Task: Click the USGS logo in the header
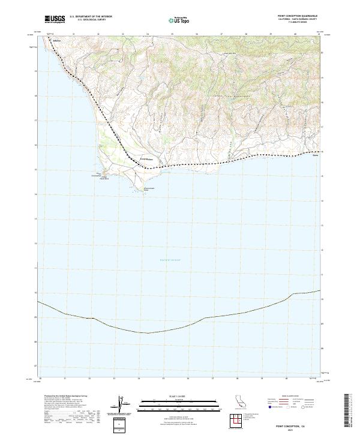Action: (x=54, y=19)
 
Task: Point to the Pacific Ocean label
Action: (x=170, y=259)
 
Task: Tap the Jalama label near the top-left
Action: (x=57, y=41)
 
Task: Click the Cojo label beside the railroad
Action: (x=147, y=159)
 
